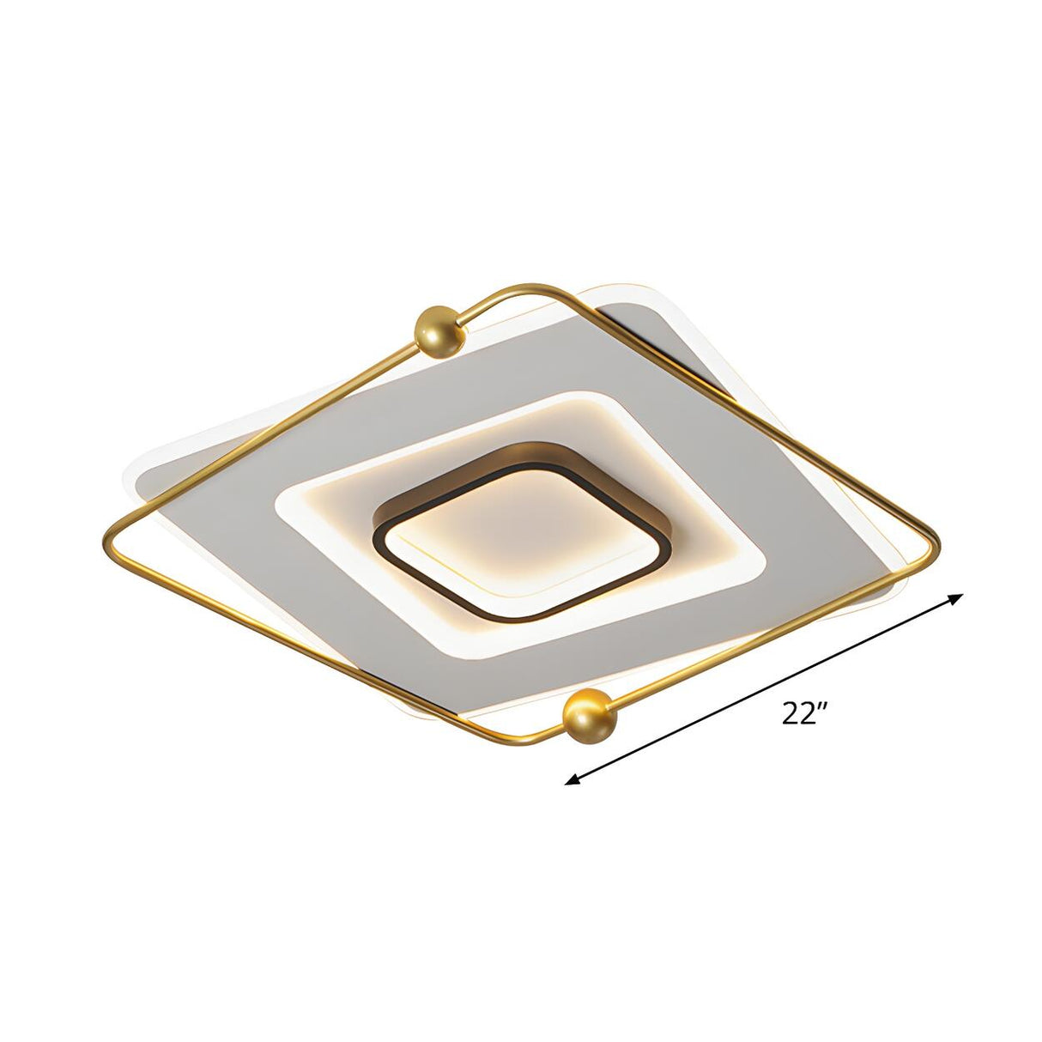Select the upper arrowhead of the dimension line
(x=956, y=598)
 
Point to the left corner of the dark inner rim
(x=379, y=536)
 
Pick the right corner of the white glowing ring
(x=759, y=560)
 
